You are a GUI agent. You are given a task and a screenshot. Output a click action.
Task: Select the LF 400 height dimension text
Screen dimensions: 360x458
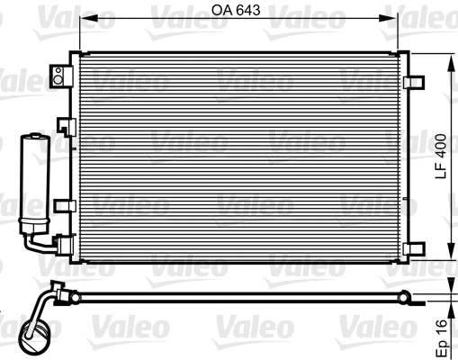click(x=440, y=158)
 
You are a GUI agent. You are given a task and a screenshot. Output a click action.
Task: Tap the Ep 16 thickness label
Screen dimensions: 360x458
click(x=440, y=334)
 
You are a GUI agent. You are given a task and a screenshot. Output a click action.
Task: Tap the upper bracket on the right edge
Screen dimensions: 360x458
click(x=415, y=81)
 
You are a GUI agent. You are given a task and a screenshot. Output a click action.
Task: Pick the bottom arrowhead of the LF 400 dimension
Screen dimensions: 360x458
click(x=450, y=257)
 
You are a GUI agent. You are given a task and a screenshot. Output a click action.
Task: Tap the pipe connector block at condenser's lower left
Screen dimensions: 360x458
click(x=63, y=243)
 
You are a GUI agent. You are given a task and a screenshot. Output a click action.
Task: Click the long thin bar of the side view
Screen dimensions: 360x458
click(x=234, y=299)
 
